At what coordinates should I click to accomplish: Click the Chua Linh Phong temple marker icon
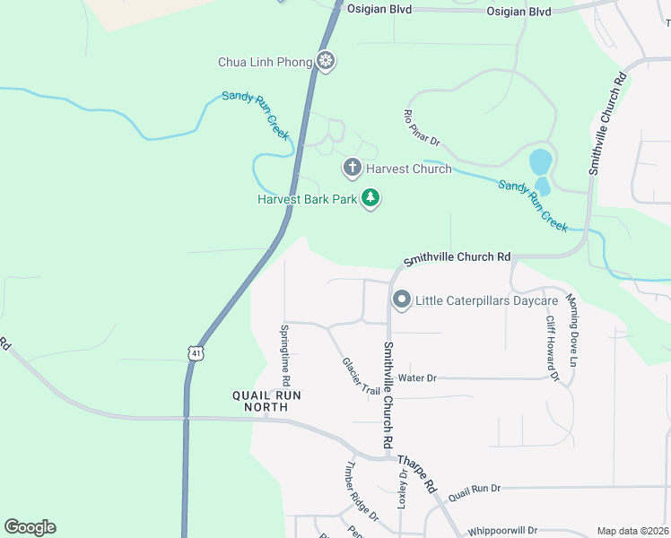(x=326, y=62)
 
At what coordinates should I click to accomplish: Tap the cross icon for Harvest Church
(x=353, y=168)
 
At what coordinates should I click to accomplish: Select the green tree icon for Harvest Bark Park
(x=370, y=198)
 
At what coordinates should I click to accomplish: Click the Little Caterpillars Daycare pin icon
(x=401, y=299)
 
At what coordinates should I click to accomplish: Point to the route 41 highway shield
(x=196, y=353)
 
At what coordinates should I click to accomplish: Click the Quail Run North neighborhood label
(x=260, y=400)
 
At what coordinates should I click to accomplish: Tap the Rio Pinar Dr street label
(x=422, y=128)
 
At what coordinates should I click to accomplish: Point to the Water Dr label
(x=417, y=378)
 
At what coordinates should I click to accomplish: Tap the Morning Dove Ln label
(x=573, y=332)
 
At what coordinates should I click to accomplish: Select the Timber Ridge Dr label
(x=362, y=491)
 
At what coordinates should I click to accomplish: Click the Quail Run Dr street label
(x=474, y=490)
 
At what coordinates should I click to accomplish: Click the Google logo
(x=30, y=527)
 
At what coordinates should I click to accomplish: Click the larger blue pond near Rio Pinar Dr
(x=540, y=163)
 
